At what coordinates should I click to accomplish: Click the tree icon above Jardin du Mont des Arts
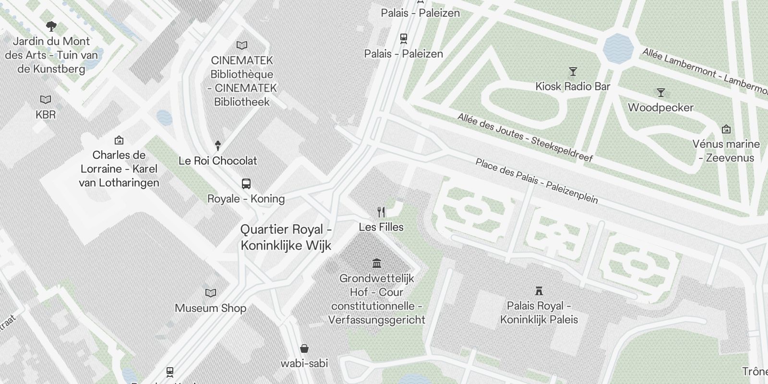(x=51, y=26)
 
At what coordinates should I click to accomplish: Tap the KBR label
(x=46, y=115)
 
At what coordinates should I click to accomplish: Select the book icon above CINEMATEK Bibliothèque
(x=242, y=46)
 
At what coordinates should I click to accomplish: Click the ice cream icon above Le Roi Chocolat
(x=218, y=146)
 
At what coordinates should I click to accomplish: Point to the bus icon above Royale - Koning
(x=246, y=184)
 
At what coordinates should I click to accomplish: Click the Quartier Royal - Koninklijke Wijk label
(x=286, y=237)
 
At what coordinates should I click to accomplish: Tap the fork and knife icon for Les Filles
(x=381, y=212)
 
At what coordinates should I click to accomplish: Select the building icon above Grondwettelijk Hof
(x=377, y=263)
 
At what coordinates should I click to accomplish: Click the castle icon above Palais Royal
(x=539, y=291)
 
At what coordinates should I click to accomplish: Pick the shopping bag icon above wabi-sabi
(x=304, y=348)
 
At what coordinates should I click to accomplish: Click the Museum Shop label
(x=210, y=308)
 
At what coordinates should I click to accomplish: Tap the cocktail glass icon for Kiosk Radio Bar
(x=573, y=72)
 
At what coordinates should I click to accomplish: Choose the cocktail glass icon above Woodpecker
(x=661, y=93)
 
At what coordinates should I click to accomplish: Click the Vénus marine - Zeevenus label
(x=726, y=151)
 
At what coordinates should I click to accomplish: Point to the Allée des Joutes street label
(x=525, y=137)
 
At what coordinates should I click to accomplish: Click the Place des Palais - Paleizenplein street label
(x=537, y=181)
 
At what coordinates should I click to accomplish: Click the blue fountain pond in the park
(x=618, y=48)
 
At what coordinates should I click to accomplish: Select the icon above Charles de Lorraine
(x=119, y=141)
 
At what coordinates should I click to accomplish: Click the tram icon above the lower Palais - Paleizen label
(x=403, y=38)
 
